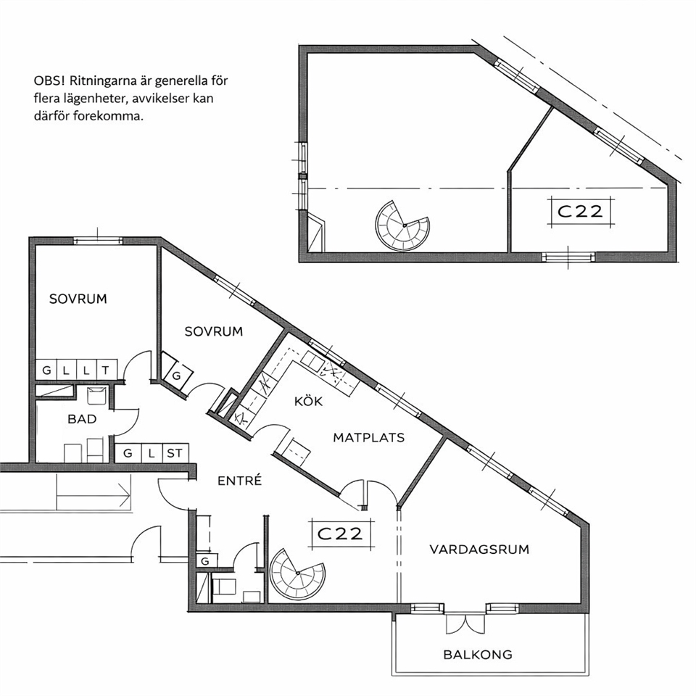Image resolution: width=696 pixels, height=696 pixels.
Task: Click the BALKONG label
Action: pos(478,654)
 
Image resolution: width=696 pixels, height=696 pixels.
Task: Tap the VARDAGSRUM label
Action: pos(479,550)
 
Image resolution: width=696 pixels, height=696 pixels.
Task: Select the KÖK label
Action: pos(308,401)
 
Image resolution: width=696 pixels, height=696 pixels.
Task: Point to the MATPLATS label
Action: pos(369,438)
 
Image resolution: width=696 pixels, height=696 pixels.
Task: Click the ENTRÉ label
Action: pos(240,480)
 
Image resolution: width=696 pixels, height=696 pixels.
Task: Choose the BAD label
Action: pos(82,419)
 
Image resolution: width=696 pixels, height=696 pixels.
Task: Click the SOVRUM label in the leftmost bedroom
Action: pos(78,299)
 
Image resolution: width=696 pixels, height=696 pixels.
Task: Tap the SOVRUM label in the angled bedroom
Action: pos(213,331)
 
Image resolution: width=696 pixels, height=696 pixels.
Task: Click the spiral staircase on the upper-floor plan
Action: pos(403,225)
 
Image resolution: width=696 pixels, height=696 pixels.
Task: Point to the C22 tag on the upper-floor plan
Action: pos(580,211)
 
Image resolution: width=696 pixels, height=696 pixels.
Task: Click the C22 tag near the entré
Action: pos(341,533)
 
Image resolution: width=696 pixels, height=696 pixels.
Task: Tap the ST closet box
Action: pos(175,453)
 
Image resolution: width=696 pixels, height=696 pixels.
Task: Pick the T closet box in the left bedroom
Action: pos(107,370)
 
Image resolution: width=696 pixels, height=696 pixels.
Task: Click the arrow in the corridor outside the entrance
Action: pos(94,493)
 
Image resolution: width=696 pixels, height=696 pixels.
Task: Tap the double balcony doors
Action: pos(465,623)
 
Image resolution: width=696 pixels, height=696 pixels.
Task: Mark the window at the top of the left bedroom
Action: pos(98,241)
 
